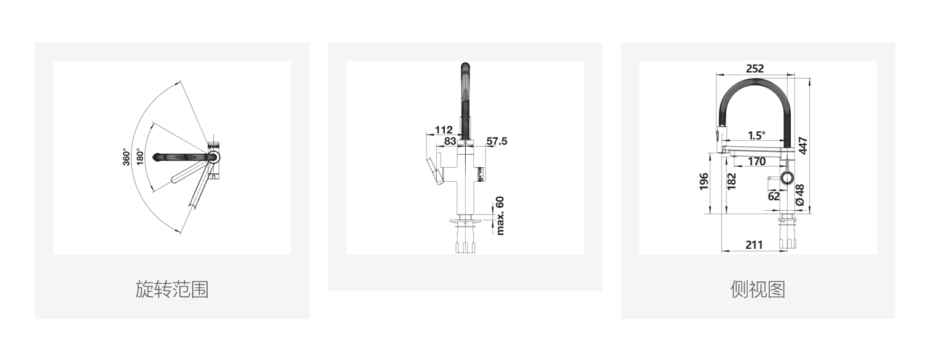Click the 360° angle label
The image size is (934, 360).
(x=127, y=157)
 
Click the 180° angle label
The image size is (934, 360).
(x=140, y=157)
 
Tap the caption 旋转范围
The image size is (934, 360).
(x=172, y=289)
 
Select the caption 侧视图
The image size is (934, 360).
(x=758, y=289)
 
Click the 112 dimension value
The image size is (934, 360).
(x=444, y=130)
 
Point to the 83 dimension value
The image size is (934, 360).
(x=450, y=141)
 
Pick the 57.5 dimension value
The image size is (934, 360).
(x=496, y=141)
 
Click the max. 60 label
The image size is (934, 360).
(x=500, y=216)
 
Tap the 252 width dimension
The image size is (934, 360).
(x=755, y=68)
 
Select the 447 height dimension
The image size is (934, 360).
(x=803, y=146)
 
